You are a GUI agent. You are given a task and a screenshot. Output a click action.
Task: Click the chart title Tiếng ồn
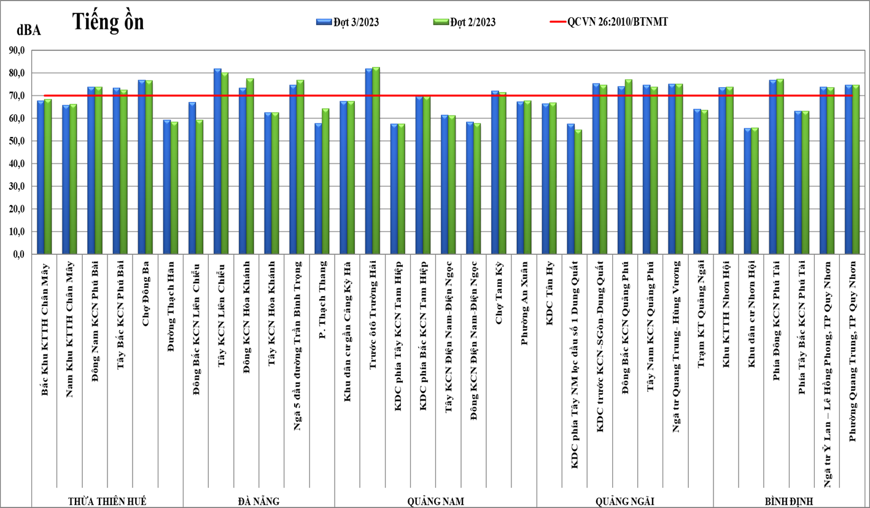point(108,21)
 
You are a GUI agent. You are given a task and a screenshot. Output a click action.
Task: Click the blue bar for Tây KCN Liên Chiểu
point(217,162)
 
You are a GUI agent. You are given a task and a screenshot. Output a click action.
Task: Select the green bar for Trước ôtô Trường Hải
point(376,160)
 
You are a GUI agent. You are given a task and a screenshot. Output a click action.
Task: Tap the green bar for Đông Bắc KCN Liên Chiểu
point(200,187)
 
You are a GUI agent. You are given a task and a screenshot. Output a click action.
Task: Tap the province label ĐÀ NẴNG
point(258,501)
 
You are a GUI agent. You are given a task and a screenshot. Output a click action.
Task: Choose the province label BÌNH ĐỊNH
point(789,501)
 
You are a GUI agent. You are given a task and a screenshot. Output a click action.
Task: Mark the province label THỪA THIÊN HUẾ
point(107,501)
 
